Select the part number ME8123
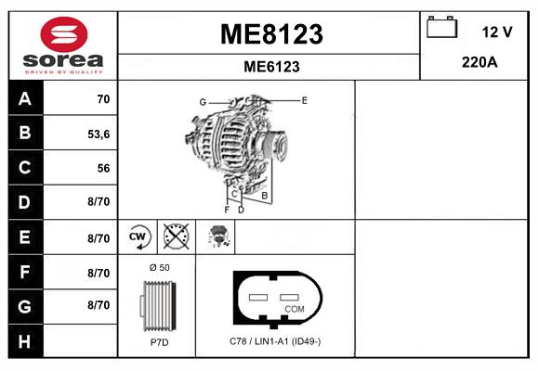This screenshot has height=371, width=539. tap(270, 34)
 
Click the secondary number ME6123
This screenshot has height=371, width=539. tap(270, 67)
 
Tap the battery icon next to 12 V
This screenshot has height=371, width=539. tap(440, 29)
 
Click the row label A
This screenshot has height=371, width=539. tap(24, 99)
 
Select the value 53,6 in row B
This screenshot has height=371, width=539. tap(99, 134)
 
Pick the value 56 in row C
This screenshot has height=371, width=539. tap(103, 168)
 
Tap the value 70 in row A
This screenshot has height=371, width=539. tap(103, 99)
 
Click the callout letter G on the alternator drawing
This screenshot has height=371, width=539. tap(202, 101)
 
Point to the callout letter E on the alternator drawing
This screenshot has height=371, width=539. tap(304, 99)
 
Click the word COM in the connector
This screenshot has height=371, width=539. tap(294, 309)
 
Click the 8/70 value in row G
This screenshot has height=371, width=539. tap(99, 305)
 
